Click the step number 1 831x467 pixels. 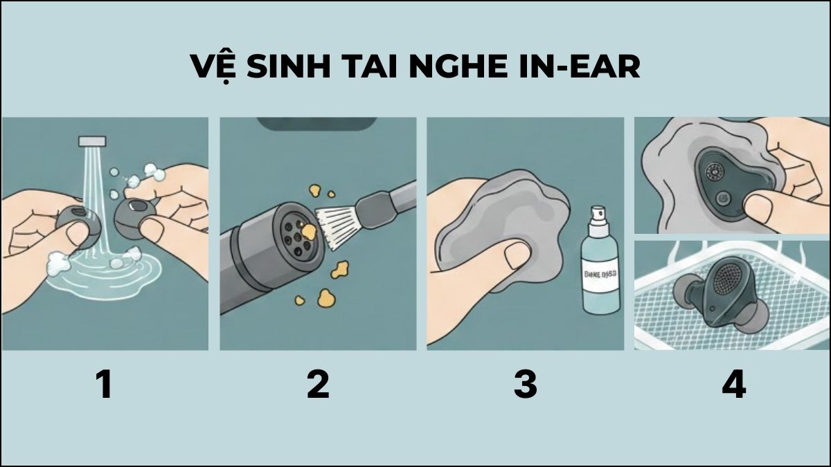[104, 385]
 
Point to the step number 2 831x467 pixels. [318, 385]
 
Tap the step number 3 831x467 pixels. [525, 385]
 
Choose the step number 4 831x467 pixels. [733, 385]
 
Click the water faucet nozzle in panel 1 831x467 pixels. [91, 140]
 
